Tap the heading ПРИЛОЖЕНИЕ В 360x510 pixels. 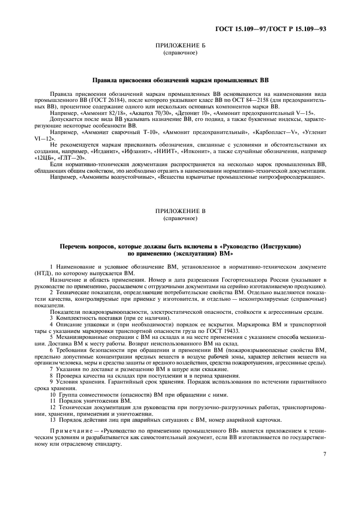pos(180,211)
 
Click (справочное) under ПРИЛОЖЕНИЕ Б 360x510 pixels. pos(180,54)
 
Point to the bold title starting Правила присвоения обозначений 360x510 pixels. pos(180,80)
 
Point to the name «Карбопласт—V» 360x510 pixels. pos(283,132)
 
